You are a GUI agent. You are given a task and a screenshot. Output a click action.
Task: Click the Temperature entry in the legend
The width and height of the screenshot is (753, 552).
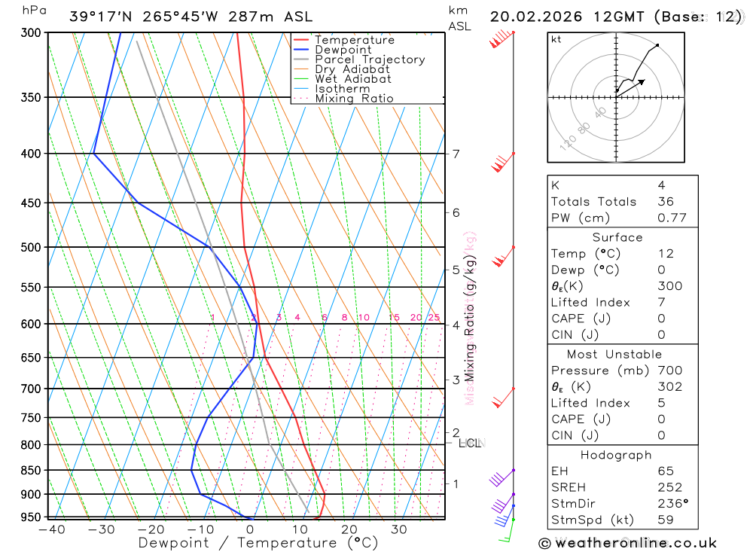[354, 40]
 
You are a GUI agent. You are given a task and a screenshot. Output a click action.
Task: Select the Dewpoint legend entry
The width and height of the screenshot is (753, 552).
[343, 50]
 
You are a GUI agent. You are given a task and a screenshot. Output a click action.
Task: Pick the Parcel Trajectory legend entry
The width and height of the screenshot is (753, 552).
[370, 59]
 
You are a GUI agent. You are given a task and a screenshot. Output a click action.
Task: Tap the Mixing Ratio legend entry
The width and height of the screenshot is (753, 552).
[354, 99]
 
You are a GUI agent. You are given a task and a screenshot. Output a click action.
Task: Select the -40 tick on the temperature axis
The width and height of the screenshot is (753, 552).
[51, 529]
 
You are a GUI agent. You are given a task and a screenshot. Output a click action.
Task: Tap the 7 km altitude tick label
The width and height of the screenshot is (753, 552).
[456, 154]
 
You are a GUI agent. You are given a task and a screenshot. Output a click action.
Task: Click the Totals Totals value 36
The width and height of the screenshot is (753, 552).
[665, 201]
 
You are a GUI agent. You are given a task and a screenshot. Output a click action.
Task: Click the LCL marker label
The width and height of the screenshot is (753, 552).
[469, 444]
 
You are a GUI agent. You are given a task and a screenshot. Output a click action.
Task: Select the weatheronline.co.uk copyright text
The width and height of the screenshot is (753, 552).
[627, 543]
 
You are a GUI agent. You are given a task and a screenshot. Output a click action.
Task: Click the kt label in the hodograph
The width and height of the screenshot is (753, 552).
[556, 39]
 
